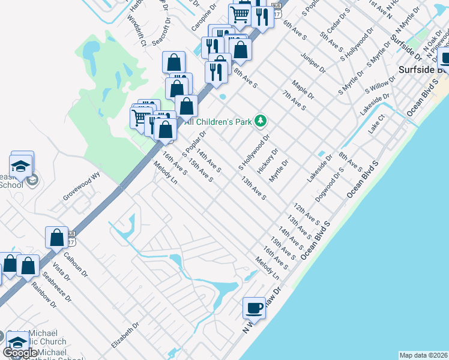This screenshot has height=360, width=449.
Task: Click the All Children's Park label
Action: pyautogui.click(x=218, y=122)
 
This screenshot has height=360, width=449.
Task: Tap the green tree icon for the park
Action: pyautogui.click(x=260, y=122)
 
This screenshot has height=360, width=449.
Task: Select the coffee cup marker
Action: pyautogui.click(x=254, y=308)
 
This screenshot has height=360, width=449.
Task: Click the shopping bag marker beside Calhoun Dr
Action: pyautogui.click(x=56, y=237)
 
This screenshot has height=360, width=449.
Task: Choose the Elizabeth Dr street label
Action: pyautogui.click(x=125, y=335)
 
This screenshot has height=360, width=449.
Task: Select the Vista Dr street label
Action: pyautogui.click(x=58, y=271)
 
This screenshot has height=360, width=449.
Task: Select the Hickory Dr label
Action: pyautogui.click(x=268, y=161)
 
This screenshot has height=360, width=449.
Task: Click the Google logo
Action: pyautogui.click(x=20, y=353)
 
